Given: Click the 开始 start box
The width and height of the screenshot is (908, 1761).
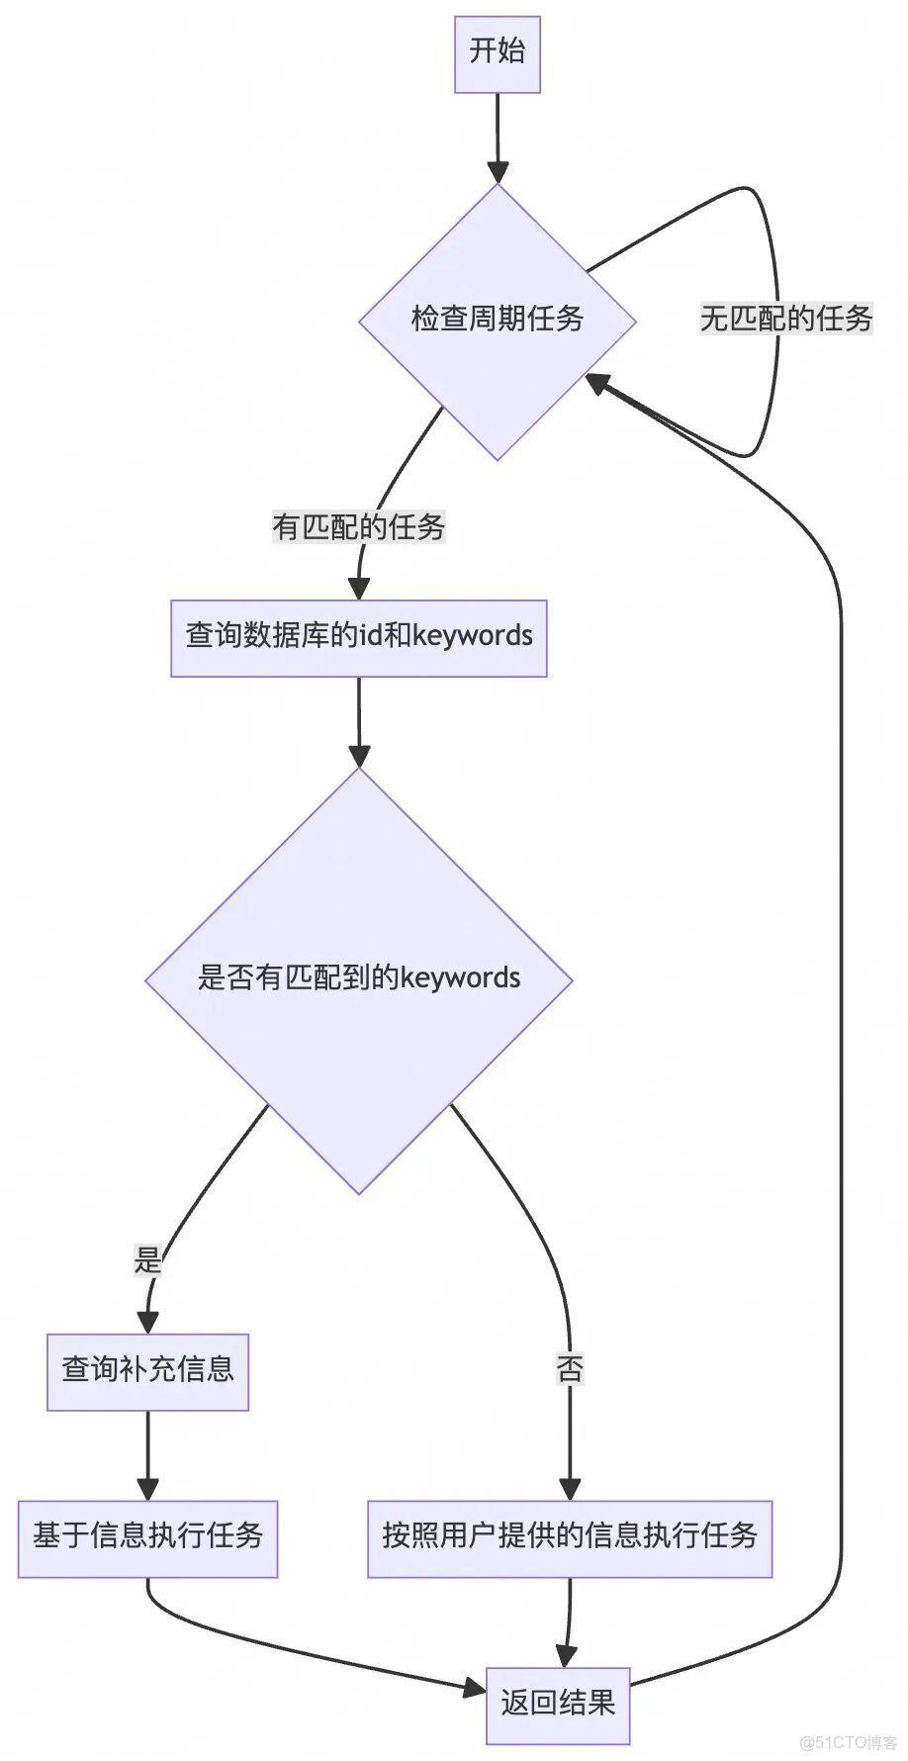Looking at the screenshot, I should coord(497,53).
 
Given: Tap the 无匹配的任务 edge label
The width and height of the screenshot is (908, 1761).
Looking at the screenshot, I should coord(785,319).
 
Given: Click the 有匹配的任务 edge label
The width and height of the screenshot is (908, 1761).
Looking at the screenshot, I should coord(358,526).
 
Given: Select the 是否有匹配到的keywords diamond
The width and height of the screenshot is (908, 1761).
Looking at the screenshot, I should coord(358,979).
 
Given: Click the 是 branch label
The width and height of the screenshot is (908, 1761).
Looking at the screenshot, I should coord(147,1260).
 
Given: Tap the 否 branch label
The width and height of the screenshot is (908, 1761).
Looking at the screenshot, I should coord(570,1369).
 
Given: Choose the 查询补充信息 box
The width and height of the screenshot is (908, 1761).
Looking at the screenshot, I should coord(147,1371).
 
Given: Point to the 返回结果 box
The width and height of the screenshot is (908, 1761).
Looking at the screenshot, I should coord(558,1705).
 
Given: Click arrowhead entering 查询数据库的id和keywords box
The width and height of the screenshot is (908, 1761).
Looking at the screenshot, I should coord(358,588).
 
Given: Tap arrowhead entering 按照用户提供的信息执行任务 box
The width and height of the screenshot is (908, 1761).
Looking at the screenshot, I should coord(570,1488).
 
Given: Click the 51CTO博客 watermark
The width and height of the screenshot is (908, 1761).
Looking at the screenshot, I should coord(849,1742).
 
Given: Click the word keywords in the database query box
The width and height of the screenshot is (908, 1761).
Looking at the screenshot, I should coord(472,635).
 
